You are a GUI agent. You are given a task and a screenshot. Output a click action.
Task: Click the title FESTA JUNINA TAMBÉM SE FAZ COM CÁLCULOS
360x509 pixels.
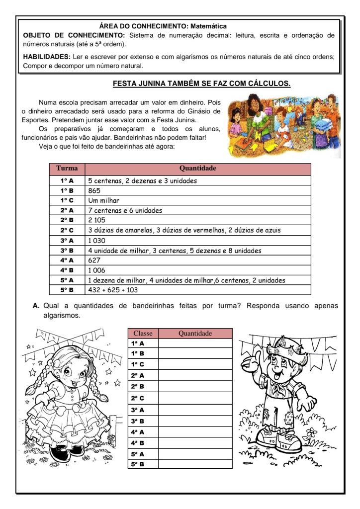pyautogui.click(x=201, y=84)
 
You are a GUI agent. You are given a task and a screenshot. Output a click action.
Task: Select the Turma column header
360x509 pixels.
pyautogui.click(x=67, y=169)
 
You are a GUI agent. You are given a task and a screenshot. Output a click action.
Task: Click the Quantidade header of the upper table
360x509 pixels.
pyautogui.click(x=197, y=169)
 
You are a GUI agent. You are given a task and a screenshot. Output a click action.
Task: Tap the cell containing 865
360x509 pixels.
pyautogui.click(x=94, y=190)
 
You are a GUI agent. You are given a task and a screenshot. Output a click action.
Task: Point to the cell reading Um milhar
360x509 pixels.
pyautogui.click(x=104, y=200)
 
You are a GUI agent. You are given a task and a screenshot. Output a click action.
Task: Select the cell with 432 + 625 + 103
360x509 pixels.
pyautogui.click(x=113, y=290)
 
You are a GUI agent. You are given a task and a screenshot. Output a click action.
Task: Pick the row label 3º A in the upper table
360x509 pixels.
pyautogui.click(x=67, y=240)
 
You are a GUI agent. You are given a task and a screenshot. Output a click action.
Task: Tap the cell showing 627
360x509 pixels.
pyautogui.click(x=94, y=260)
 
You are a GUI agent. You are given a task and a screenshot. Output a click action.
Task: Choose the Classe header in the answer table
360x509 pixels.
pyautogui.click(x=143, y=333)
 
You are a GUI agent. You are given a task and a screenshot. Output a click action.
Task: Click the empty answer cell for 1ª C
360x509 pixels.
pyautogui.click(x=195, y=364)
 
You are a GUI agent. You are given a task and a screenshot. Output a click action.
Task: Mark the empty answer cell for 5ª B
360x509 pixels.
pyautogui.click(x=195, y=464)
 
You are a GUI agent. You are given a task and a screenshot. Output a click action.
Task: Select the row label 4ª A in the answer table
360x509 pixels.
pyautogui.click(x=138, y=431)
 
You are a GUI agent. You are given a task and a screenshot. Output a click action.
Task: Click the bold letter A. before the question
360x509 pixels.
pyautogui.click(x=36, y=306)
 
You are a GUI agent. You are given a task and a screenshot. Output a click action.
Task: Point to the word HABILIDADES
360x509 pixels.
pyautogui.click(x=46, y=57)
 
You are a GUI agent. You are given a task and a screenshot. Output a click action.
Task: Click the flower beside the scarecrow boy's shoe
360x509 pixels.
pyautogui.click(x=311, y=433)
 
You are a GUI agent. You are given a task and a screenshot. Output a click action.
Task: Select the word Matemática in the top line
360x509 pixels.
pyautogui.click(x=209, y=26)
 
